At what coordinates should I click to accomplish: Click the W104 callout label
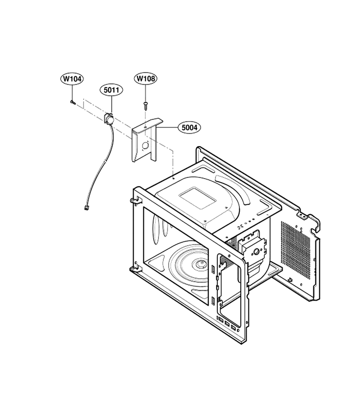tap(72, 79)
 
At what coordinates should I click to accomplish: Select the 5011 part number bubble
tap(111, 90)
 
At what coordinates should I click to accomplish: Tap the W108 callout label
tap(146, 78)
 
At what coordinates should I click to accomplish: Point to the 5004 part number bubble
tap(189, 127)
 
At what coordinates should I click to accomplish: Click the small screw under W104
tap(73, 102)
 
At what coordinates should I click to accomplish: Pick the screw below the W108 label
tap(145, 105)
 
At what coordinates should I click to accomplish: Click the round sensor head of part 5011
tap(109, 119)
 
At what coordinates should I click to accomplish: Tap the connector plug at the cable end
tap(86, 207)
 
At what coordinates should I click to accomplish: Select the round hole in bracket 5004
tap(145, 145)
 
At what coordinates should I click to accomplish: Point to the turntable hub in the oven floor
tap(200, 263)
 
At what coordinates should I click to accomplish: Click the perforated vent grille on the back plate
tap(295, 250)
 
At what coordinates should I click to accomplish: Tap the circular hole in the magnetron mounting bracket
tap(256, 251)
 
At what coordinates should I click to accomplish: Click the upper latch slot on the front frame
tap(213, 269)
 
